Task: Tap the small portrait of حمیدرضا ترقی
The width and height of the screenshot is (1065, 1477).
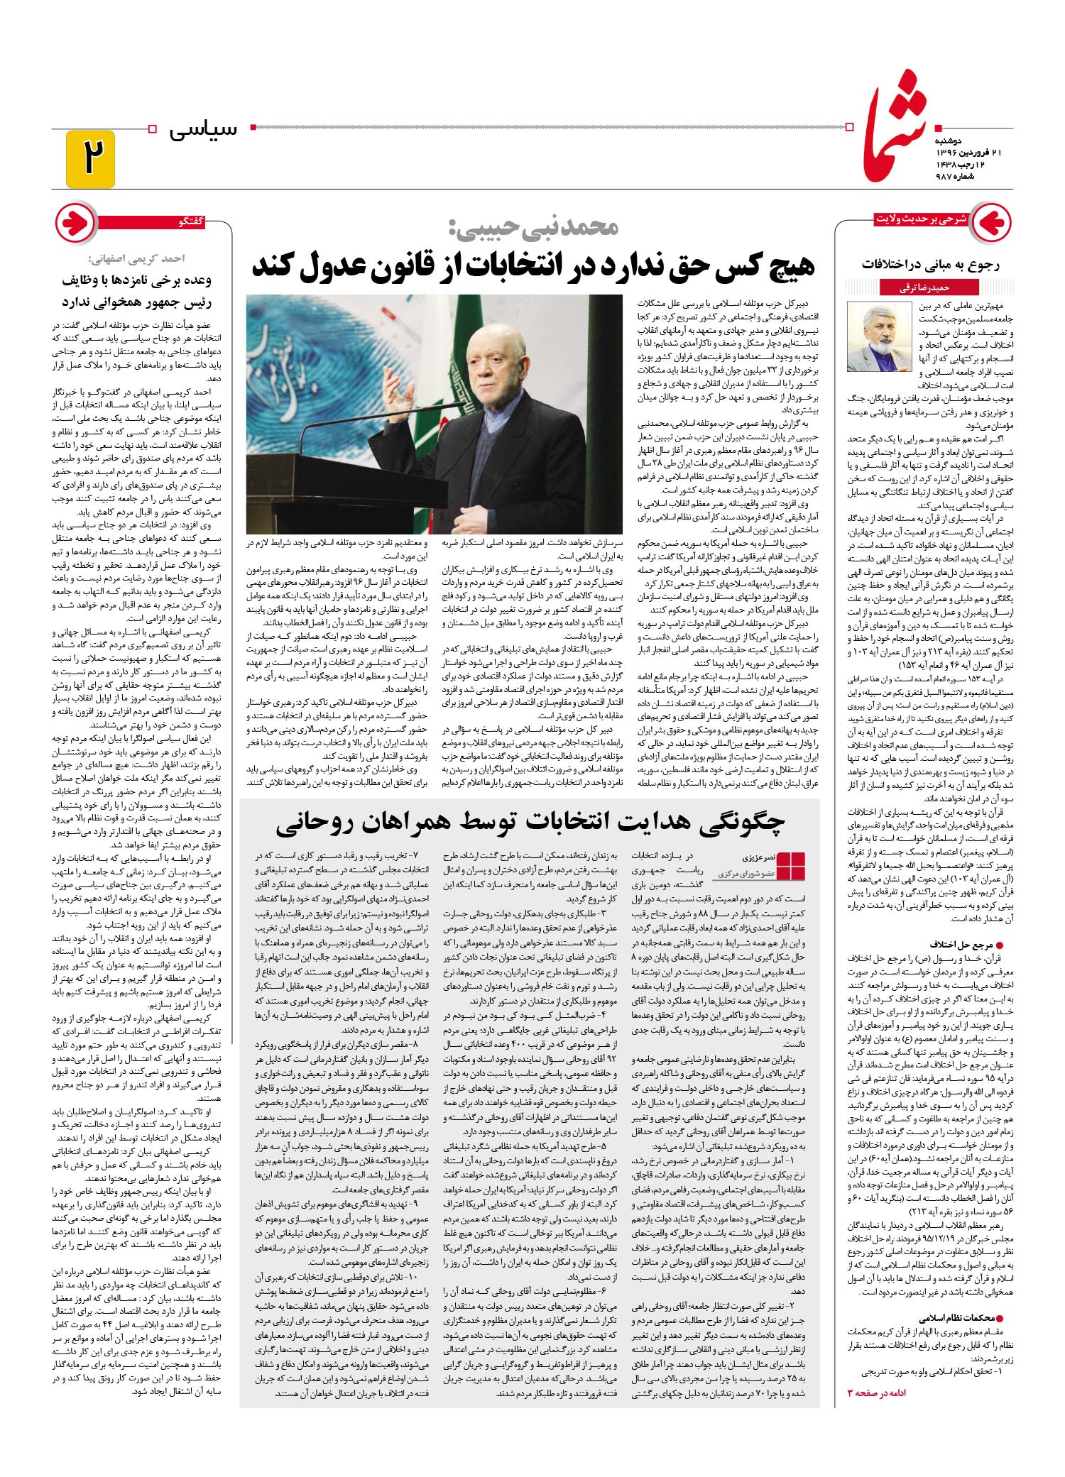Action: (x=879, y=337)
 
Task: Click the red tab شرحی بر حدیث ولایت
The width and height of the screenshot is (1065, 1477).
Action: (x=922, y=219)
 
